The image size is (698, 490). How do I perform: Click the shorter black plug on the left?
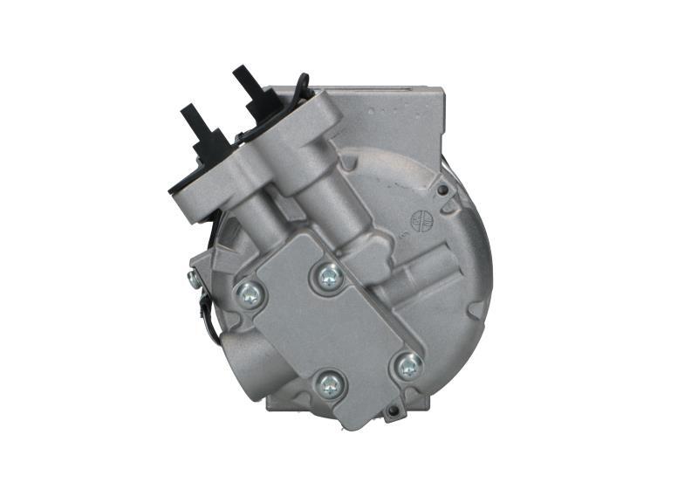198,132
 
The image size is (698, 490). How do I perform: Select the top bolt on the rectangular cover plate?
328,277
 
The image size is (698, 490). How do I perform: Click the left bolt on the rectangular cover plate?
250,295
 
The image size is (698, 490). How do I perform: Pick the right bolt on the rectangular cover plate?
407,366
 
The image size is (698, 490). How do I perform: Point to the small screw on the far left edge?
192,279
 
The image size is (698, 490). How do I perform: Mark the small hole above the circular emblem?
442,190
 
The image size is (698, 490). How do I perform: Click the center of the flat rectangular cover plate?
327,332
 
